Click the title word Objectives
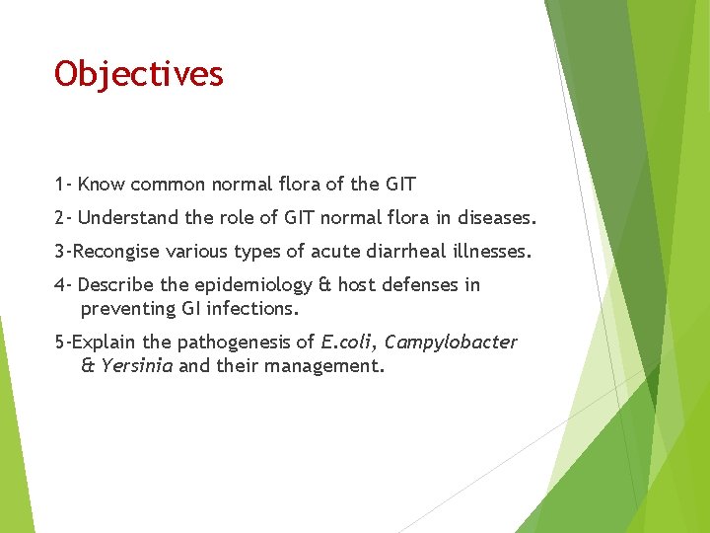coord(139,74)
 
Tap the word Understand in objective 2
coord(125,217)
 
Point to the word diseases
coord(497,217)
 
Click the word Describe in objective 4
coord(116,285)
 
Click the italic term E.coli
coord(347,343)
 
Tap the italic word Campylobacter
coord(450,343)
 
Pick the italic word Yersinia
coord(136,366)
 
